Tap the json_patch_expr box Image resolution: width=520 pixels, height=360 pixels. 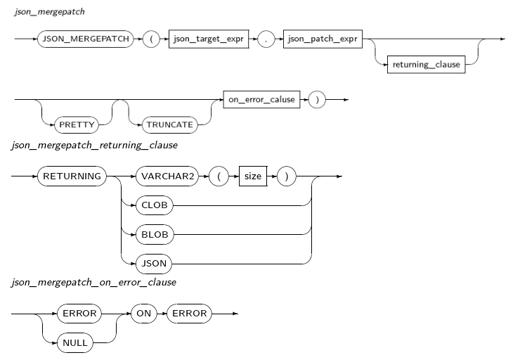click(322, 39)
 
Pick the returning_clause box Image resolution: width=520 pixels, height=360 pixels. click(426, 65)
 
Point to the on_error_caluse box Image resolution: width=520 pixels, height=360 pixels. click(261, 99)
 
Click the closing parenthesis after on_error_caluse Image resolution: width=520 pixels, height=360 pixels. click(317, 99)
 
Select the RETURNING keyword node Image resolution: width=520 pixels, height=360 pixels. click(72, 176)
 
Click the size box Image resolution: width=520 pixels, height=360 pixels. click(252, 176)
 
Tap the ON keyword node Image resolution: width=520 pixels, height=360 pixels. click(143, 313)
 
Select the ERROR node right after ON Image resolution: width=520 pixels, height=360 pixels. click(189, 313)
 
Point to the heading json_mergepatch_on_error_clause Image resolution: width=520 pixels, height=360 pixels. click(93, 283)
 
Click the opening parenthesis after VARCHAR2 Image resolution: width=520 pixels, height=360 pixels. click(218, 176)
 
